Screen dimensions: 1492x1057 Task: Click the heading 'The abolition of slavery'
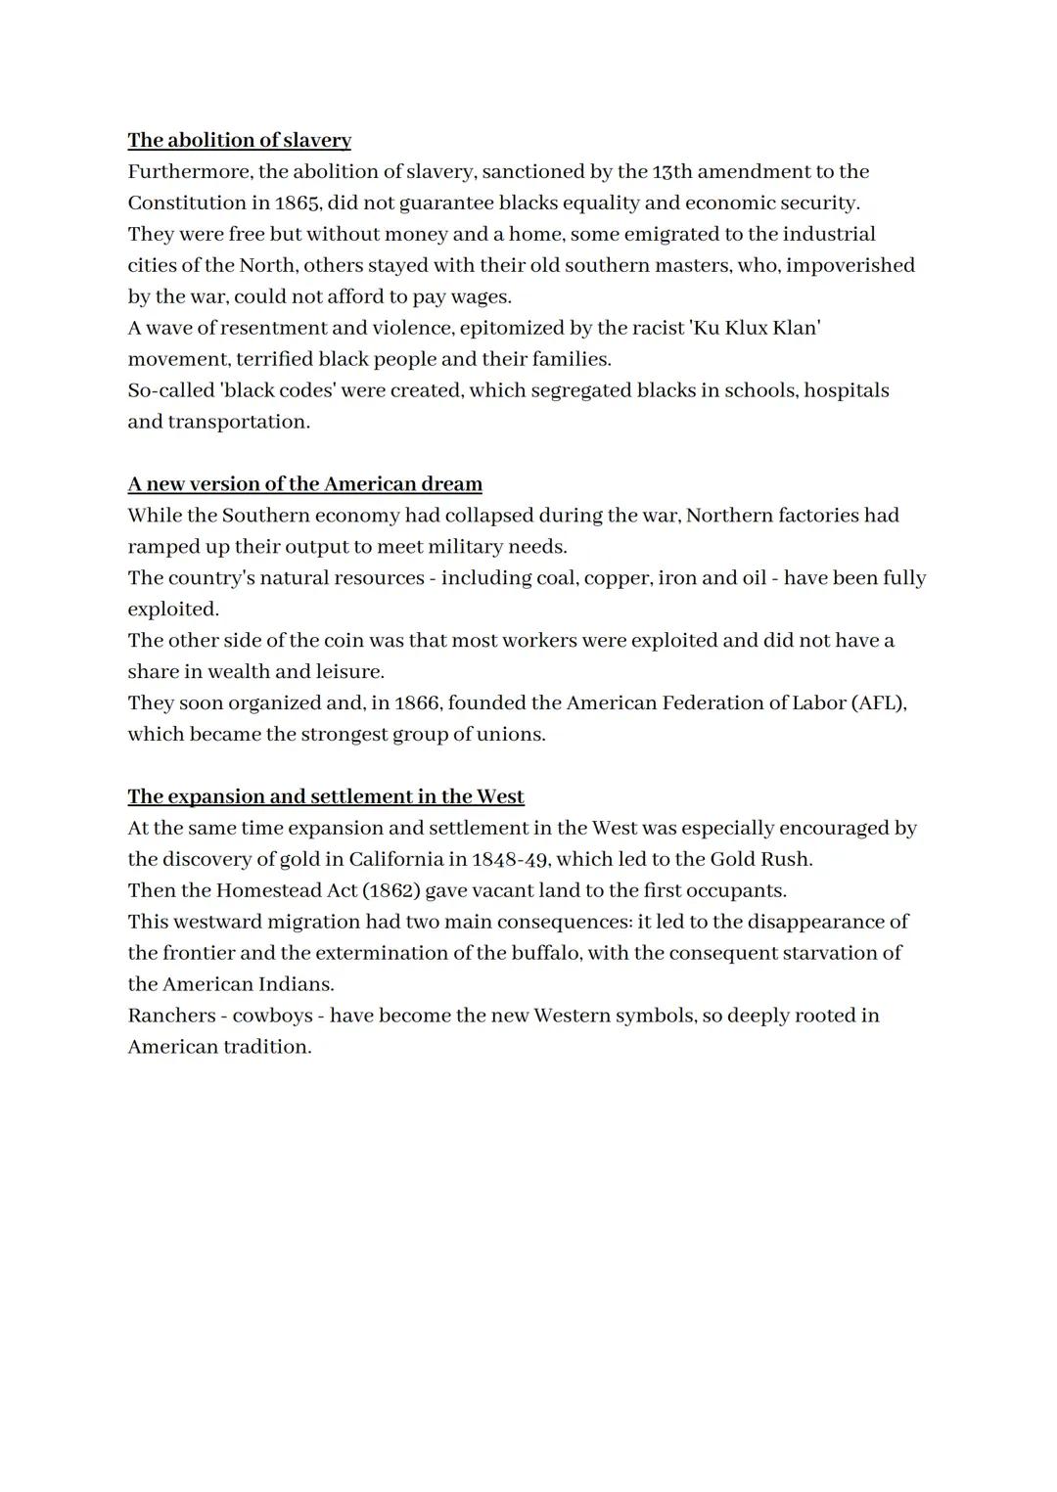point(239,140)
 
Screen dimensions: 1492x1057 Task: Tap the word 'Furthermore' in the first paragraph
point(190,171)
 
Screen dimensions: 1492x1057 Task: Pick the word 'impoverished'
point(850,265)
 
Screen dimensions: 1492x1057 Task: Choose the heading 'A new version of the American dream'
point(304,484)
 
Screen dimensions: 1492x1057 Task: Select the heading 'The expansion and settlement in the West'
point(326,796)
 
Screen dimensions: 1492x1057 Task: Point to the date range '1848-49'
point(509,859)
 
